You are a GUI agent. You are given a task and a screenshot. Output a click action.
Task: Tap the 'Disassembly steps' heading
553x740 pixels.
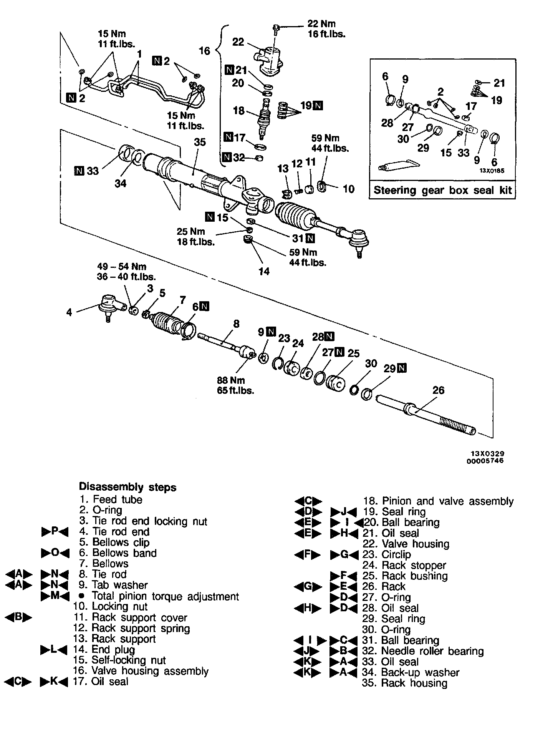[x=127, y=487]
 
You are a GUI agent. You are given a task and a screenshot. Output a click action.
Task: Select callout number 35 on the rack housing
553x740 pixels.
[x=200, y=143]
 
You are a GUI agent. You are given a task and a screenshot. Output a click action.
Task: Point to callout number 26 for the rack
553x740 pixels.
[x=438, y=390]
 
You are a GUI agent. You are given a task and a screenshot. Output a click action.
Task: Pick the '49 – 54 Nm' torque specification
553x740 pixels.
[x=122, y=266]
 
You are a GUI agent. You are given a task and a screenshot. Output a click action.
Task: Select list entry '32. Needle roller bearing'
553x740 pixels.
[x=423, y=651]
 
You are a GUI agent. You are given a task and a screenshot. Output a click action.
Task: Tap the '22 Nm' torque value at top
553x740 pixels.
[x=321, y=24]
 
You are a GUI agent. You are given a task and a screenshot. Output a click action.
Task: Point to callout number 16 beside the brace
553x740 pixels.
[x=204, y=51]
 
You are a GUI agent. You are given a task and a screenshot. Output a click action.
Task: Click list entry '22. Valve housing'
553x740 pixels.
[x=406, y=544]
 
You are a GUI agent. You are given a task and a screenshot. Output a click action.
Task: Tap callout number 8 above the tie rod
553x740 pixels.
[x=236, y=324]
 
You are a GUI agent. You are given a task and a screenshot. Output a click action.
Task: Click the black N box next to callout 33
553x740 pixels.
[x=79, y=171]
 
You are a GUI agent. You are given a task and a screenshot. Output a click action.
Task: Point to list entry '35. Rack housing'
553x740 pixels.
[x=404, y=683]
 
